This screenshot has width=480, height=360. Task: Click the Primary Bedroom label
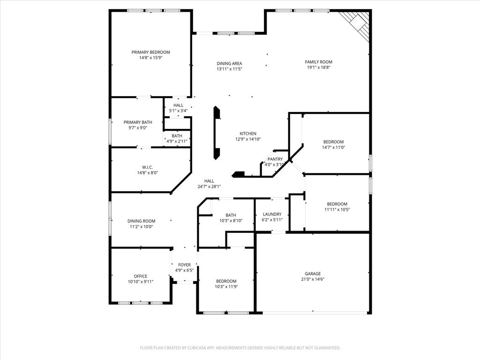click(x=150, y=52)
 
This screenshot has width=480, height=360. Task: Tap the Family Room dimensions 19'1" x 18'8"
click(x=318, y=67)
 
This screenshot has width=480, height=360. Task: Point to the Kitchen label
click(x=248, y=134)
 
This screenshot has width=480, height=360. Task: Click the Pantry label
click(x=275, y=159)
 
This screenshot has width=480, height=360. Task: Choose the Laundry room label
click(x=272, y=214)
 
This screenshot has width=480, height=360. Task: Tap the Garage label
click(x=313, y=274)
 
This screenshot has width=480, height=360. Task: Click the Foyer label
click(x=184, y=265)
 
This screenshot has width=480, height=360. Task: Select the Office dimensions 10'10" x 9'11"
click(x=141, y=282)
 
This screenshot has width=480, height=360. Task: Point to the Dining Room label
click(x=141, y=221)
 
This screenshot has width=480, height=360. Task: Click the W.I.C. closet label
click(x=147, y=167)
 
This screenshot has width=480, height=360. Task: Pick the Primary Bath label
click(x=138, y=122)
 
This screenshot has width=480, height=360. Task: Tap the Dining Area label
click(x=229, y=64)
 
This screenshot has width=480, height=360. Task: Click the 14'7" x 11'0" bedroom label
click(x=333, y=142)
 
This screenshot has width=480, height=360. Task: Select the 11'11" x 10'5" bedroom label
click(x=337, y=204)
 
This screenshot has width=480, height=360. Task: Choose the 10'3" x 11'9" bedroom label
click(x=226, y=281)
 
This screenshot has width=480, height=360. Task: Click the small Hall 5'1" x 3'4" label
click(x=178, y=105)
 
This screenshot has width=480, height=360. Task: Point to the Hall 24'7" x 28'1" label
click(x=209, y=181)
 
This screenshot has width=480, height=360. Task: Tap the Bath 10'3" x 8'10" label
click(x=231, y=216)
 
